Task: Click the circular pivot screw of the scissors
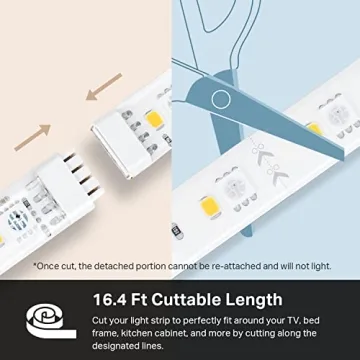click(x=221, y=99)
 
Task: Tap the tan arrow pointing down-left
click(x=104, y=86)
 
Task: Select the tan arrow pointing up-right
click(x=32, y=138)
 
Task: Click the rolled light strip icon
click(x=51, y=322)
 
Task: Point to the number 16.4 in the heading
click(x=109, y=299)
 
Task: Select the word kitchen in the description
click(x=136, y=333)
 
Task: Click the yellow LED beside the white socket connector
click(x=155, y=120)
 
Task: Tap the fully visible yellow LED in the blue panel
click(x=209, y=206)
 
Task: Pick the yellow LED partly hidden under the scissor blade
click(x=314, y=129)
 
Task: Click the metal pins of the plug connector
click(x=82, y=175)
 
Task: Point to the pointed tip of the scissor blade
click(x=342, y=157)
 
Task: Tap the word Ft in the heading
click(x=139, y=299)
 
